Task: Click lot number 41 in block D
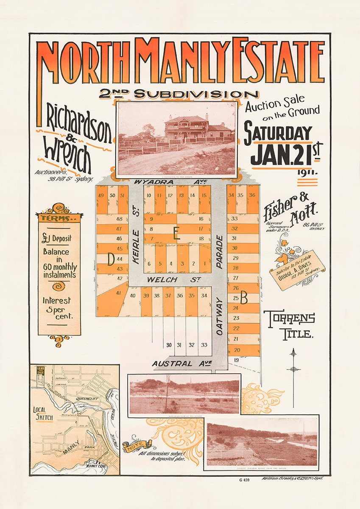pyautogui.click(x=118, y=292)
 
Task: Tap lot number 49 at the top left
pyautogui.click(x=101, y=195)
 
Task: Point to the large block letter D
pyautogui.click(x=111, y=259)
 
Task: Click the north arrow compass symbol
pyautogui.click(x=293, y=365)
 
